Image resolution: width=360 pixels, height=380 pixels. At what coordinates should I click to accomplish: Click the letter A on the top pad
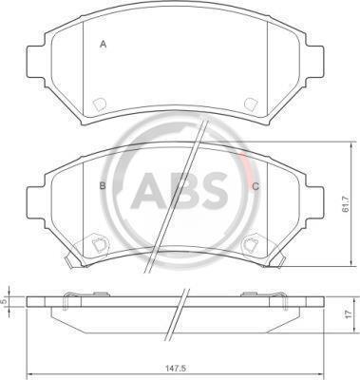coord(103,45)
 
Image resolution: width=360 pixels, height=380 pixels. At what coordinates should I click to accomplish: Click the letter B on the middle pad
coord(103,186)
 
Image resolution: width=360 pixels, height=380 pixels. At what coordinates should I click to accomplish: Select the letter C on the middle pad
coord(256,186)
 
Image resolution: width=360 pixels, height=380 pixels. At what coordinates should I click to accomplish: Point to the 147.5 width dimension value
coord(176,369)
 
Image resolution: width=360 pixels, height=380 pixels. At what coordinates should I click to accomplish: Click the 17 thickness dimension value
coord(349,314)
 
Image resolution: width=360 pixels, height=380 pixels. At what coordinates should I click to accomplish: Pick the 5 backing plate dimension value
coord(4,301)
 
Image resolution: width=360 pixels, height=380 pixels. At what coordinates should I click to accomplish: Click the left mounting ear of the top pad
coord(35,62)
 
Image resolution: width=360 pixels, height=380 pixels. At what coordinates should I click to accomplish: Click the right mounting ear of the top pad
coord(315,62)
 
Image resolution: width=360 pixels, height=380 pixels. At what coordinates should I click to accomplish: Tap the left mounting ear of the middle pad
coord(35,202)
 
